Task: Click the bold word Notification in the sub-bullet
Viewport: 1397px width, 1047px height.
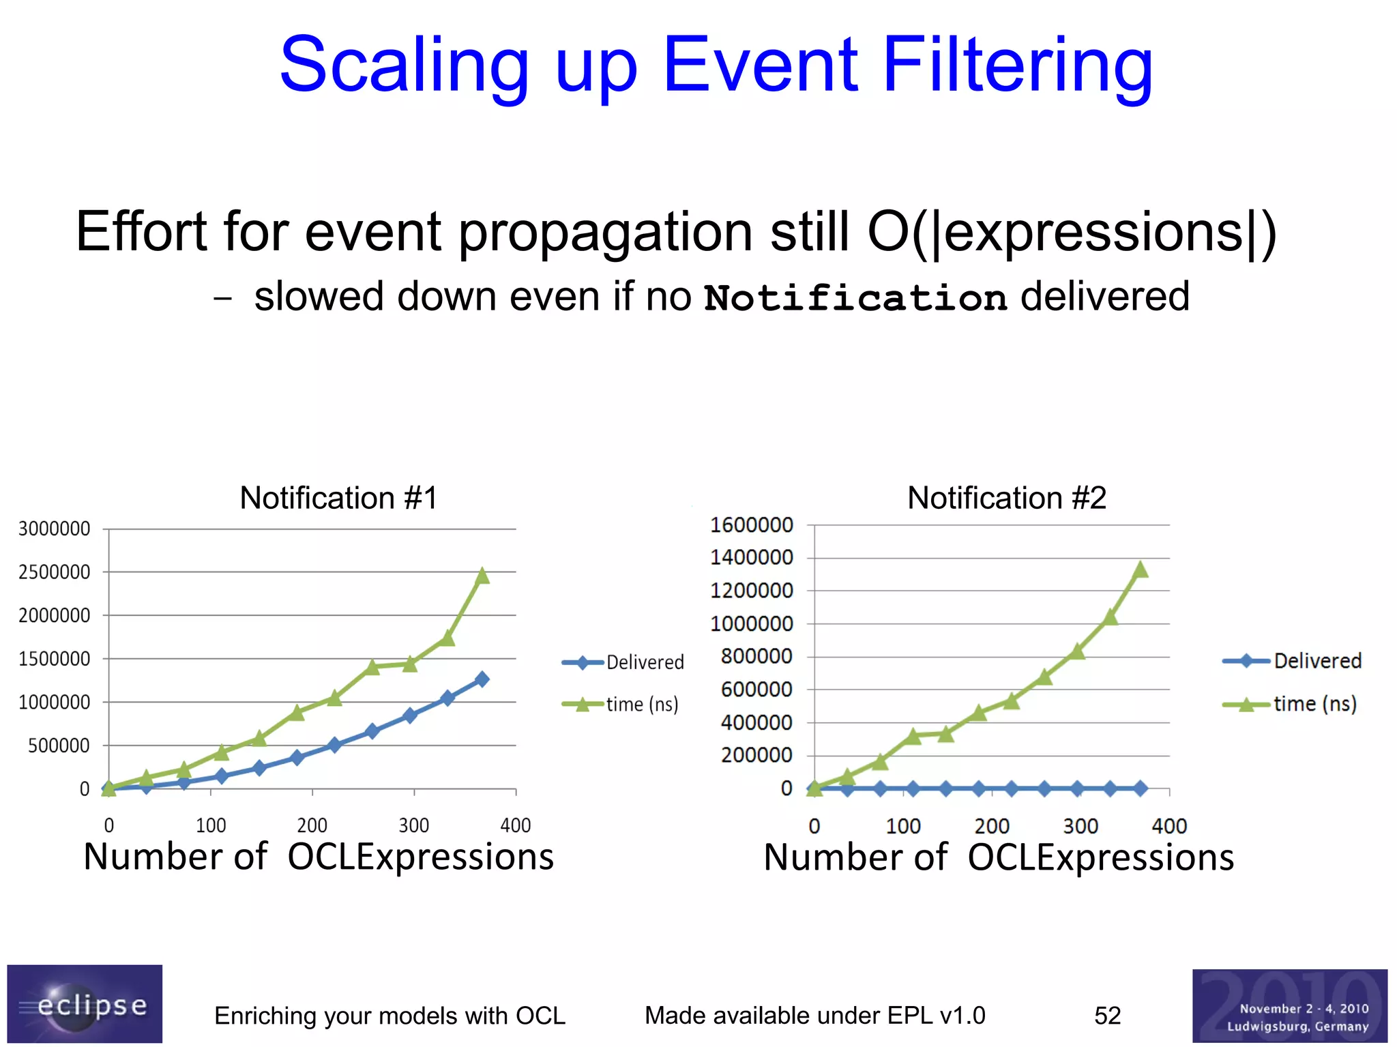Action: (855, 298)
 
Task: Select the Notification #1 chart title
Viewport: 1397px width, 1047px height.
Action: (338, 498)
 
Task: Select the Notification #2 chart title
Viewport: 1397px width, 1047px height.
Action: (1006, 498)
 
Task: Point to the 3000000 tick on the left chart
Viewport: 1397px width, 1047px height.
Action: (54, 529)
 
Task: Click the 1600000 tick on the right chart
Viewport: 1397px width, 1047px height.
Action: (751, 525)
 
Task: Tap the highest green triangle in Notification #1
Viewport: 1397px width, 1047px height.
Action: (482, 576)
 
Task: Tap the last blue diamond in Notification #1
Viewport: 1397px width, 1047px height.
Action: (482, 679)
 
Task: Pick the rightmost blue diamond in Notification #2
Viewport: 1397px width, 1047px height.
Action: (1140, 788)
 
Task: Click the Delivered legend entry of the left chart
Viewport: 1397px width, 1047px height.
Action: (644, 662)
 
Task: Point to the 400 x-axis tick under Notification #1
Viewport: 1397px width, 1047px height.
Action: (515, 825)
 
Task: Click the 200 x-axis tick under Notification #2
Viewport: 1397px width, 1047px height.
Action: (991, 827)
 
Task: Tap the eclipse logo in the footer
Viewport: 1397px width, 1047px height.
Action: (85, 1004)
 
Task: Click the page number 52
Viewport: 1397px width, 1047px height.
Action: (1107, 1016)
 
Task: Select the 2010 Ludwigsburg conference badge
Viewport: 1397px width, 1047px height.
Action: (1289, 1006)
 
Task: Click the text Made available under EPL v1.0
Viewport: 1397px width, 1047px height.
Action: (814, 1016)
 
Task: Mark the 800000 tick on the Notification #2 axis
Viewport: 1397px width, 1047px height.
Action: (756, 656)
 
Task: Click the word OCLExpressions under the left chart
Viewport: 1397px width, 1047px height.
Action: (420, 857)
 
